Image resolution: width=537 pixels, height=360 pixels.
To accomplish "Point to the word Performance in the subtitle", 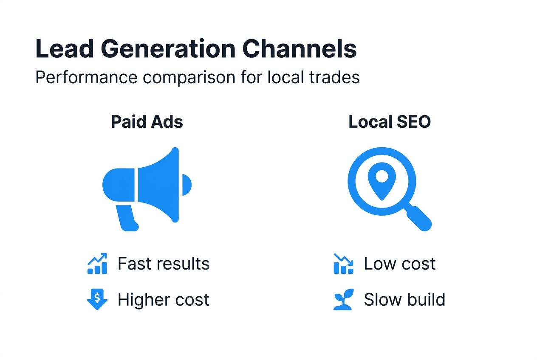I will [x=86, y=78].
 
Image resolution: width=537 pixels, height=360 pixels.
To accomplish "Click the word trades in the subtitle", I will [x=334, y=78].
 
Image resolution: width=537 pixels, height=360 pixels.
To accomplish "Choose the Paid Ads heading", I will [x=147, y=122].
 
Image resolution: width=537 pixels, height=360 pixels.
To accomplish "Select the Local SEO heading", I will [x=389, y=122].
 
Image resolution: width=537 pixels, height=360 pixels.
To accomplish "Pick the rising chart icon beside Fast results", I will [x=97, y=264].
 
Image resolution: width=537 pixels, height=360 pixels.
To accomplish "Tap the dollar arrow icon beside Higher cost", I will [x=97, y=300].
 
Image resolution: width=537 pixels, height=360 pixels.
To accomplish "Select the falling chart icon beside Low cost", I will [x=343, y=264].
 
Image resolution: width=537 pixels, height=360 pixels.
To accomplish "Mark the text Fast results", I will [x=164, y=264].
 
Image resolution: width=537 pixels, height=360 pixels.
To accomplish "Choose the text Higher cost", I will [x=164, y=300].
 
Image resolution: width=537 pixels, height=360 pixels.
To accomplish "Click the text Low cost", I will [x=399, y=264].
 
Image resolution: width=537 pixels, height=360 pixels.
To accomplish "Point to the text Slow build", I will [x=404, y=300].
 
